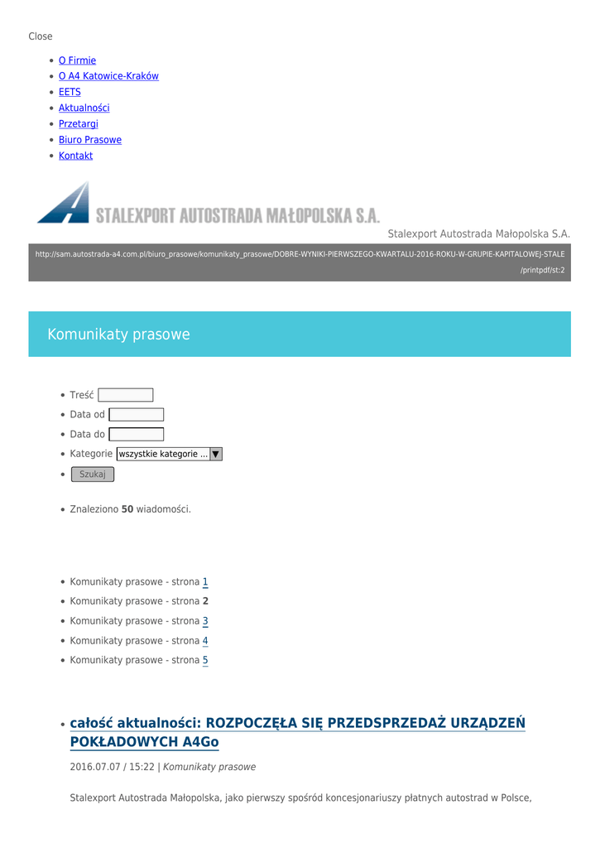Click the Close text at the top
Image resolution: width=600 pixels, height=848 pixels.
click(x=40, y=36)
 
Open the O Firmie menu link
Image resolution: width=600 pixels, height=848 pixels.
click(x=77, y=60)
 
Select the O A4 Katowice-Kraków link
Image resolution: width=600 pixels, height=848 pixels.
click(x=108, y=76)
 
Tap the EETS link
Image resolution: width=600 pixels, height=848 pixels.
click(x=70, y=92)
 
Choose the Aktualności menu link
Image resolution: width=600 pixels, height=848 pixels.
click(x=84, y=108)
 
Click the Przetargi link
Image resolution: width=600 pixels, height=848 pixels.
click(x=78, y=124)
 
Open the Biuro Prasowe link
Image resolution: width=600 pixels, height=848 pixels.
click(x=89, y=140)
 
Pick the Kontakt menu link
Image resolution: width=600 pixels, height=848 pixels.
click(x=75, y=156)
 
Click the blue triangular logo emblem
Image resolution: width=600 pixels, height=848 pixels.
click(x=65, y=204)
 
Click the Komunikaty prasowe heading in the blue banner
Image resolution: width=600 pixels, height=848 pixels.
click(x=118, y=335)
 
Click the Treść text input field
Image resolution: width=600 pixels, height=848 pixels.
click(x=125, y=395)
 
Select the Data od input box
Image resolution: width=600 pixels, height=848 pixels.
click(x=136, y=415)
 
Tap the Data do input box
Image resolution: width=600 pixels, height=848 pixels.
click(x=136, y=435)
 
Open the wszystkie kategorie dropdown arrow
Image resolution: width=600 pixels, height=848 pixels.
click(x=216, y=454)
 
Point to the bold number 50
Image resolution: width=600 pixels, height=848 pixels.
click(x=127, y=509)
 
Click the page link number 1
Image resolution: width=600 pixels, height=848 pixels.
click(x=205, y=582)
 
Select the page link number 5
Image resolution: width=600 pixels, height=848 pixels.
click(x=205, y=661)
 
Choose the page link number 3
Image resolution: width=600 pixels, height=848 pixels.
click(x=205, y=621)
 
